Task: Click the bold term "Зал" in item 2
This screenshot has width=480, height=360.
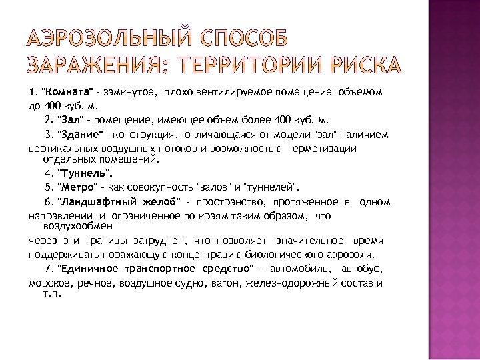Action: pos(71,119)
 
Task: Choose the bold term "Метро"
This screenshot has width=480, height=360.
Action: pos(79,187)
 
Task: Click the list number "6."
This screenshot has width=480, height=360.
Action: pos(49,202)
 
